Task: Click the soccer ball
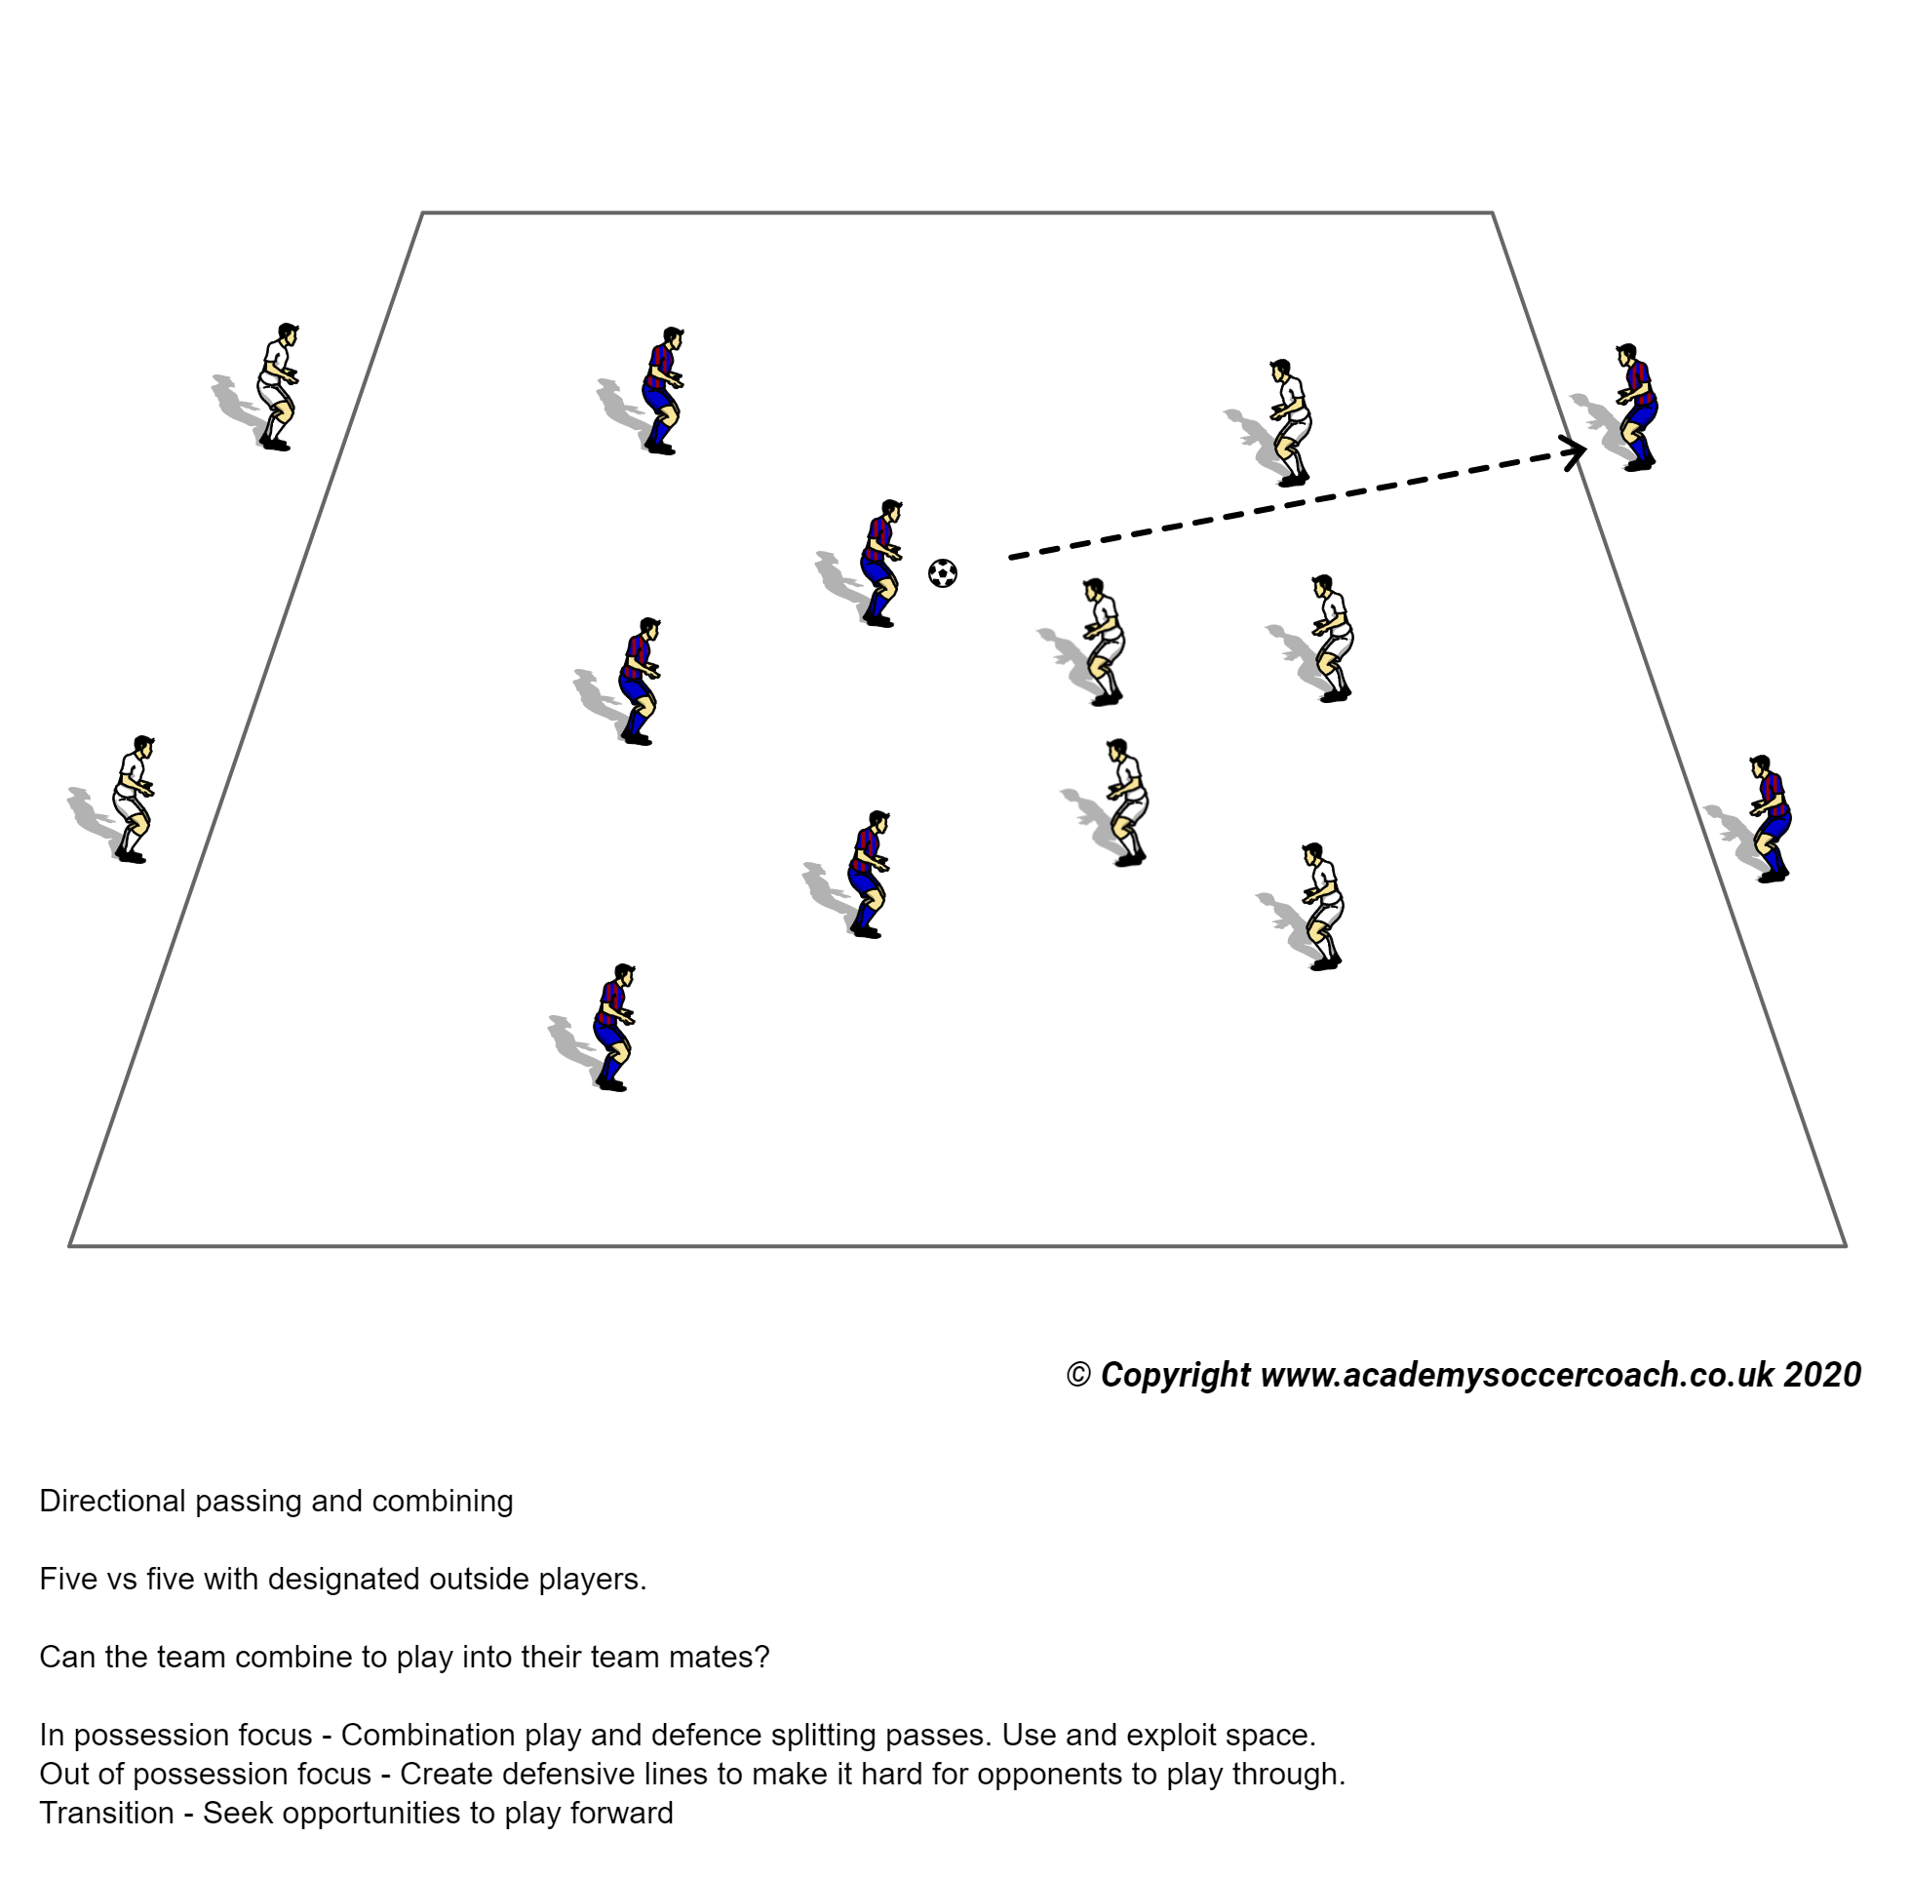(942, 572)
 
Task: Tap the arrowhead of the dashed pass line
(1578, 451)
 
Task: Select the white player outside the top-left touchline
(277, 386)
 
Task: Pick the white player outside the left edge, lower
(133, 799)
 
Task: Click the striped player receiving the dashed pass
(1636, 408)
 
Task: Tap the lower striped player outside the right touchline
(1770, 818)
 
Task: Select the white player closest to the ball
(1103, 642)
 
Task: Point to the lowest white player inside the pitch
(1323, 907)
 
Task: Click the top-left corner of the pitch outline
(423, 213)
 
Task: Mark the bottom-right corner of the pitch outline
(1844, 1246)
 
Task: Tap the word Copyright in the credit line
(1175, 1375)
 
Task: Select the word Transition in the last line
(106, 1813)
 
